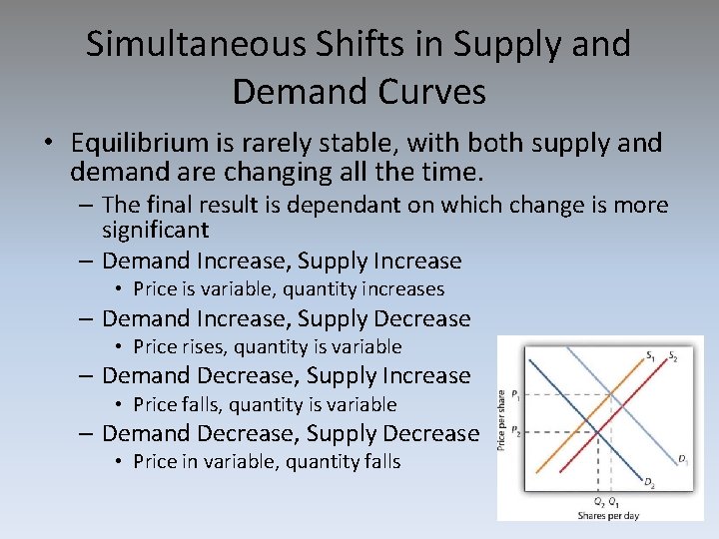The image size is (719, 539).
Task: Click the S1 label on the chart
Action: coord(650,355)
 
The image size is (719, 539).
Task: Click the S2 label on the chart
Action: coord(672,355)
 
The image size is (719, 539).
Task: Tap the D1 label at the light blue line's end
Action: coord(683,460)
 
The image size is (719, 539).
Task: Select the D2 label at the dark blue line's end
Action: coord(649,483)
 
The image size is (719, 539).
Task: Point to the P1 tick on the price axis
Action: coord(516,395)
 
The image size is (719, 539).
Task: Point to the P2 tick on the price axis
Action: coord(516,431)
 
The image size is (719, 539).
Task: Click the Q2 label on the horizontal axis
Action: coord(597,501)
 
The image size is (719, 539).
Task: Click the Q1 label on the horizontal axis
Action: coord(613,501)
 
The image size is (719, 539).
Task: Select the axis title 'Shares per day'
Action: coord(607,515)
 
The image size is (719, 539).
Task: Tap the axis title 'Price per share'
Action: coord(502,419)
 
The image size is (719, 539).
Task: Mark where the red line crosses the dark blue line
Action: coord(597,431)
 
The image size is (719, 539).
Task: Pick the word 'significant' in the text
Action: coord(155,231)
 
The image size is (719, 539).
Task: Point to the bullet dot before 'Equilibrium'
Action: coord(48,144)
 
